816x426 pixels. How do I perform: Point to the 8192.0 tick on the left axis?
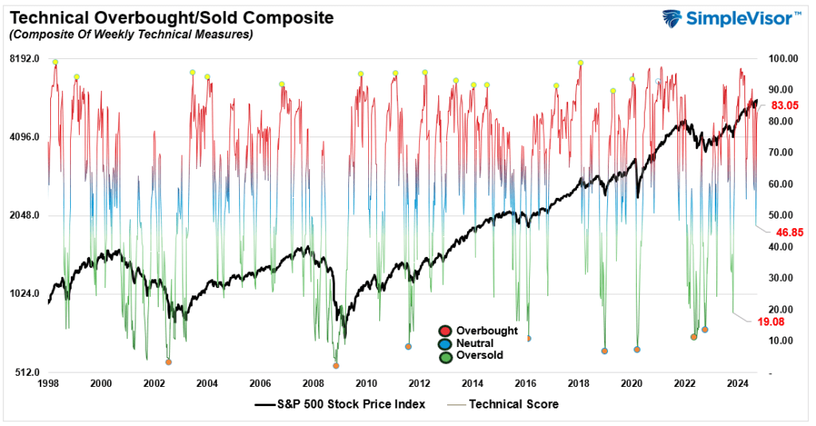click(25, 59)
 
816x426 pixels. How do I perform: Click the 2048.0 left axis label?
click(25, 215)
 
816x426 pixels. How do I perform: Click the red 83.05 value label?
click(785, 105)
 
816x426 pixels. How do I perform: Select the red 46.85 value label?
click(785, 232)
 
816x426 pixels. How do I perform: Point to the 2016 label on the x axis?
click(525, 384)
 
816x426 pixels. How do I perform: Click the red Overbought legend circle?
click(445, 331)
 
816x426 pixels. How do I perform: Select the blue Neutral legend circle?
click(445, 344)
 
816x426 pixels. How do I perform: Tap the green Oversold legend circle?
click(445, 356)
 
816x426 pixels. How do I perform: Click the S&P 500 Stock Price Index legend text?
click(351, 404)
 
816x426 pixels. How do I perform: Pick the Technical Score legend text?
click(514, 404)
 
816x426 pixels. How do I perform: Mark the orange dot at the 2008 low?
click(335, 365)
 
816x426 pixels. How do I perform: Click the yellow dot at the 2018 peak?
click(581, 62)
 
